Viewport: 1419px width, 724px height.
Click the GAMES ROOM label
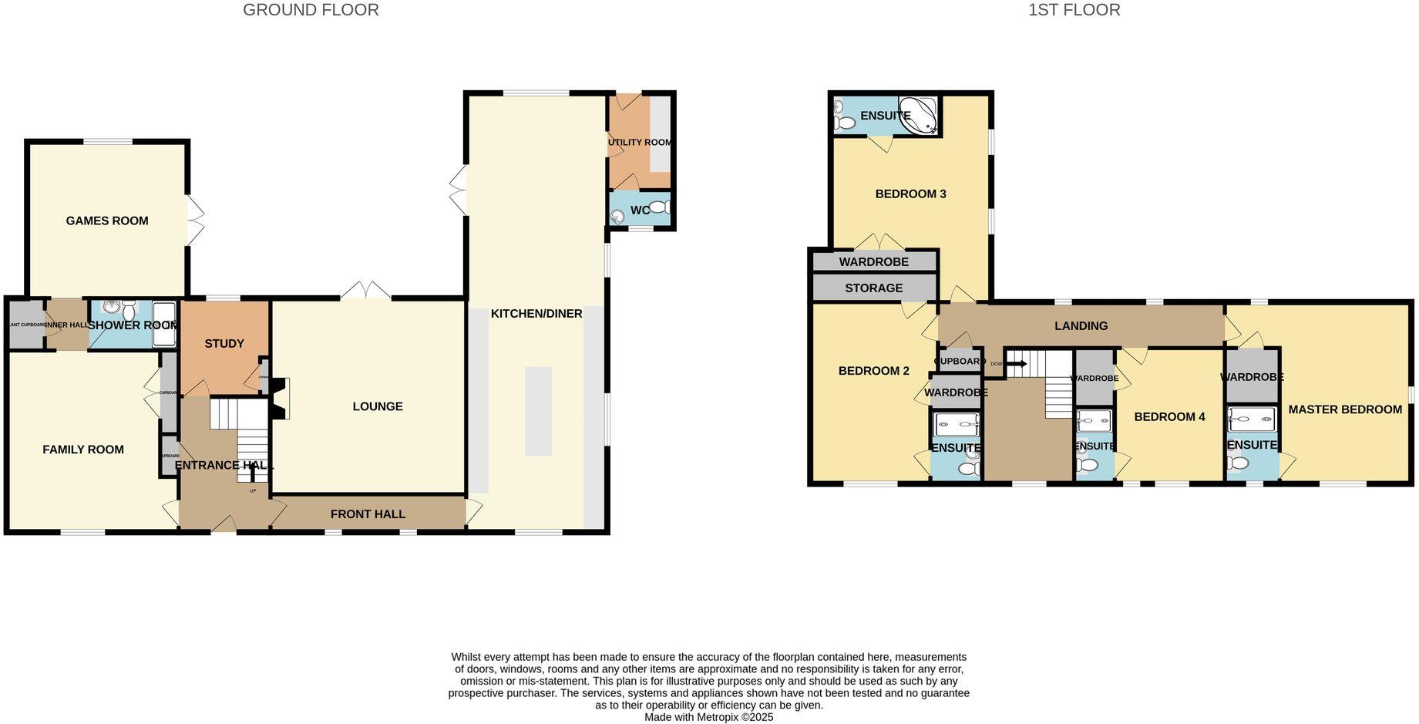point(107,221)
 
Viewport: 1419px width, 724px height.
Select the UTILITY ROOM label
point(639,143)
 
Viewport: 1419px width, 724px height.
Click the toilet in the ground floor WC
point(660,207)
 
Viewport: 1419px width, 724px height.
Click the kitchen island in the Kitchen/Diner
point(538,410)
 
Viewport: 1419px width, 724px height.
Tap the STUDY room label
point(224,344)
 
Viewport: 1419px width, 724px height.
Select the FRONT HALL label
point(368,514)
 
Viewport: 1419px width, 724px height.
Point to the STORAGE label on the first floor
point(873,288)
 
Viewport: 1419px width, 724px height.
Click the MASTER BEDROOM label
point(1345,409)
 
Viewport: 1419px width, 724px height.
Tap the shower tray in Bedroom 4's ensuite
point(1095,421)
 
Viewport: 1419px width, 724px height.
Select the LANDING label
point(1081,326)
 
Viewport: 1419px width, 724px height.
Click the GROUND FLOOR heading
point(311,10)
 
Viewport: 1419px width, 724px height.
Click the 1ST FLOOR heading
point(1074,10)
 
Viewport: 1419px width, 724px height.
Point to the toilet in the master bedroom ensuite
point(1238,463)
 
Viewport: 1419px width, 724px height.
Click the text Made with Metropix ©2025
point(708,717)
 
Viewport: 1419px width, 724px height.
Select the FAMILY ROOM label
point(83,450)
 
